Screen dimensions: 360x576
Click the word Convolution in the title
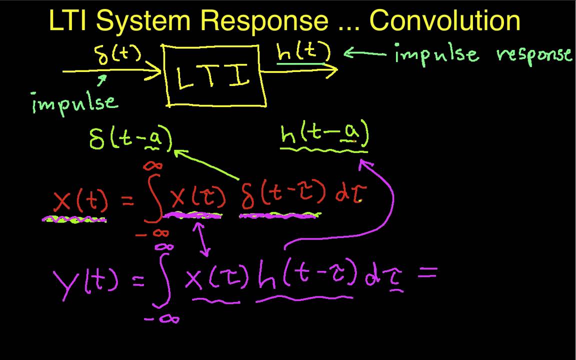(445, 21)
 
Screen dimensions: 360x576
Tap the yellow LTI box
(214, 76)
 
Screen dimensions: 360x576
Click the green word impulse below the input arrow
(75, 102)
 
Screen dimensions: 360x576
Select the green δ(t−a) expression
(130, 138)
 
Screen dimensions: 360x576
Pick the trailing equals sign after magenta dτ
(429, 273)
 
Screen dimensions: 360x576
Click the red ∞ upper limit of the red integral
(152, 165)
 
